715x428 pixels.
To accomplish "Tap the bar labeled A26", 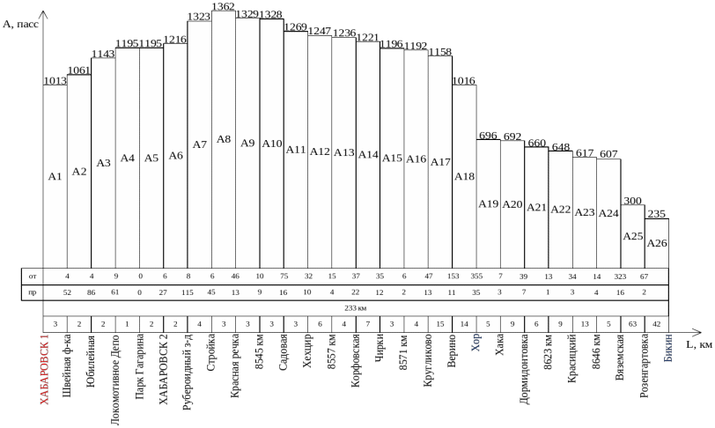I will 657,242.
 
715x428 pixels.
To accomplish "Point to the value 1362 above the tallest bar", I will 224,7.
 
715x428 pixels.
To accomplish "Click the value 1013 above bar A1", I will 55,81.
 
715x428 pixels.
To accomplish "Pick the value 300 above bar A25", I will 632,202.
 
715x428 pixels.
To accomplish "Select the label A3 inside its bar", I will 103,162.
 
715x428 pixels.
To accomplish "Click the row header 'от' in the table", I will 33,276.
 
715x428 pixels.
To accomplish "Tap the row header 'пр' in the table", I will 33,291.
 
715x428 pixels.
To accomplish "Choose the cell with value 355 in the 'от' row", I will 476,276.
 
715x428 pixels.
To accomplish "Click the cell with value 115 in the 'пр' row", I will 187,291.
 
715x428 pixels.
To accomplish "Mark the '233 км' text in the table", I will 356,307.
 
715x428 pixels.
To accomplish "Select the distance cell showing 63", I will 632,323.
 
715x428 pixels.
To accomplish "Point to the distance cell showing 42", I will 657,323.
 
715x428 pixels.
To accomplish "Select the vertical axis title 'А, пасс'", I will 21,25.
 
